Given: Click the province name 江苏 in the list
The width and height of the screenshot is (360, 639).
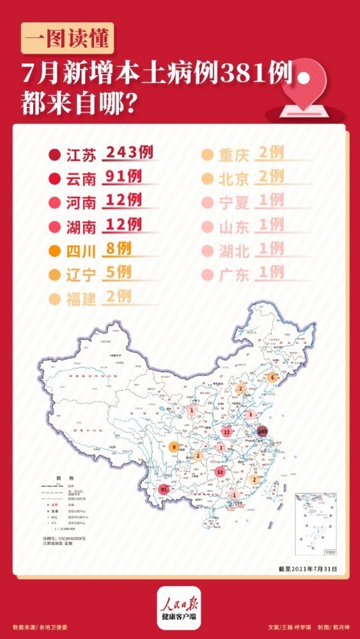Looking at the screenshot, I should (81, 155).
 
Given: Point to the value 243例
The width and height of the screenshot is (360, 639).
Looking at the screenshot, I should (129, 153).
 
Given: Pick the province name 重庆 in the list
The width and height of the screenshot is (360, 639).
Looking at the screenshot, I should (233, 155).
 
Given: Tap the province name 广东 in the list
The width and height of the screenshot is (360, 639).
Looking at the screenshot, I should (233, 275).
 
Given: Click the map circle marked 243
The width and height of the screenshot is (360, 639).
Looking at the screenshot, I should (263, 432).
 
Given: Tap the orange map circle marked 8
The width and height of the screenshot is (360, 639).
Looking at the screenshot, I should (175, 448).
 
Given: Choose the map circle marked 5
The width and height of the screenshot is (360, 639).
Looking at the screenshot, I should (273, 378).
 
